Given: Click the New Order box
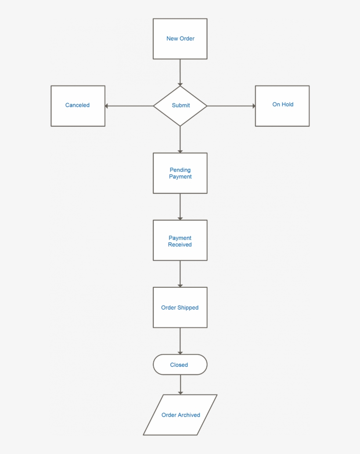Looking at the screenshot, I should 180,39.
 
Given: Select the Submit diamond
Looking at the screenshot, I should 180,106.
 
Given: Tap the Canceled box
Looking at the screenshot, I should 78,106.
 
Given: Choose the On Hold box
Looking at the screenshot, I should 282,105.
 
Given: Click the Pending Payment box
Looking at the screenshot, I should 180,173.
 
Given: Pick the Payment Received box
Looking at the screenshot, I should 180,240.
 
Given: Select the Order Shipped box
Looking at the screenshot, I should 180,307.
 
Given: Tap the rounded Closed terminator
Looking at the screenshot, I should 180,365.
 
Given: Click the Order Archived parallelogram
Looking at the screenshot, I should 180,415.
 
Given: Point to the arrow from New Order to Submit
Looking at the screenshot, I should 180,72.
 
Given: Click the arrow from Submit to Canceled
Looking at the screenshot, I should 129,106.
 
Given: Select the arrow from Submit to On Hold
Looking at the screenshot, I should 231,106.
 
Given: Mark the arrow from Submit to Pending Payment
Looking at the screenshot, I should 180,139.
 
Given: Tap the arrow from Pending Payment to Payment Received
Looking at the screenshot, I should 180,207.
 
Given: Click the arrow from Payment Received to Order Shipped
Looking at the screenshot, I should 180,274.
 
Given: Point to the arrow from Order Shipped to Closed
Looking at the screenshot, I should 180,341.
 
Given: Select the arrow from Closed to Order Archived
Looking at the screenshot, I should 180,385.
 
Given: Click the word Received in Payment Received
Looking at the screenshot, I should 180,245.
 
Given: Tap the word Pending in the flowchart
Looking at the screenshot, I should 180,170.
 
